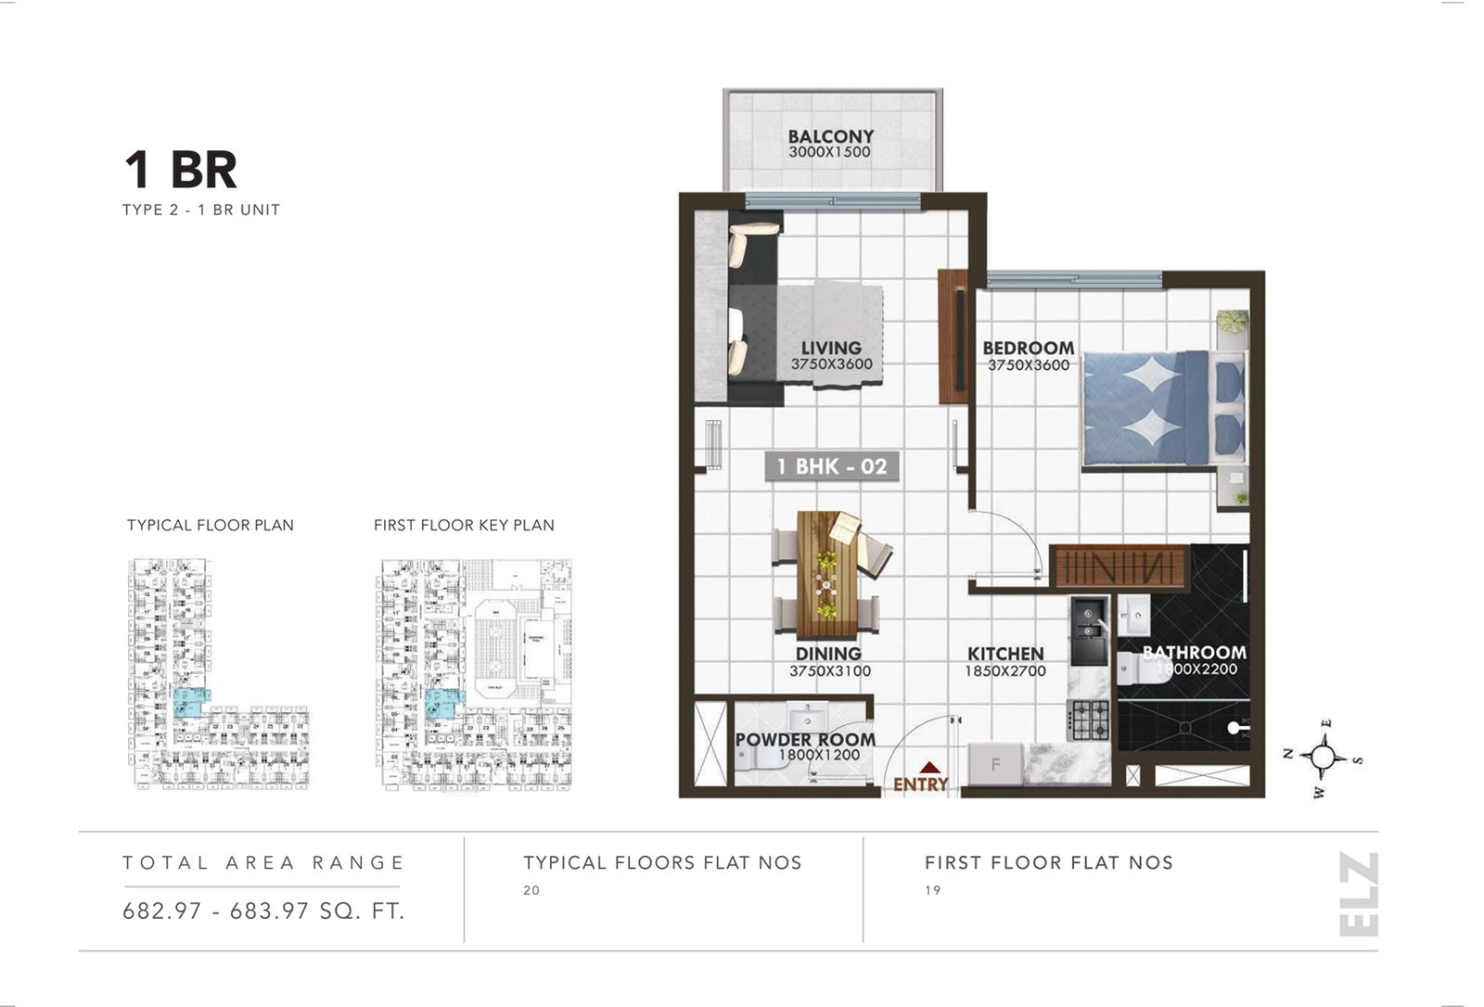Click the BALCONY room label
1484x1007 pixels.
831,136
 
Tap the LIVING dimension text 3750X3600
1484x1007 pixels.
831,364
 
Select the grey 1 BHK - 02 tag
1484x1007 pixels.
832,466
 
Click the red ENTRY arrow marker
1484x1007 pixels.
929,767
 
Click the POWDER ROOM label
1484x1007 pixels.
805,740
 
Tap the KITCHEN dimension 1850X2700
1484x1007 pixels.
1005,670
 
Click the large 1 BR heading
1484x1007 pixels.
181,170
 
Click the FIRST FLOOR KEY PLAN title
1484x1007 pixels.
464,525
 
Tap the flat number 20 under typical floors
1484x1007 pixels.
531,890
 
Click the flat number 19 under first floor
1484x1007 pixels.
932,890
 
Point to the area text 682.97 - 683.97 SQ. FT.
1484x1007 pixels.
264,911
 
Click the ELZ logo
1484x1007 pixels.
1359,895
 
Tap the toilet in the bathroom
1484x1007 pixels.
1139,668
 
